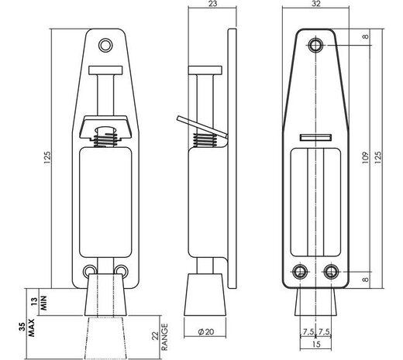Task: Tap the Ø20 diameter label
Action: click(x=206, y=331)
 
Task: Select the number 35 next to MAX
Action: click(x=32, y=319)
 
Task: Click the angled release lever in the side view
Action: click(x=197, y=127)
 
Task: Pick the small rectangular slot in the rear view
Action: click(x=311, y=137)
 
